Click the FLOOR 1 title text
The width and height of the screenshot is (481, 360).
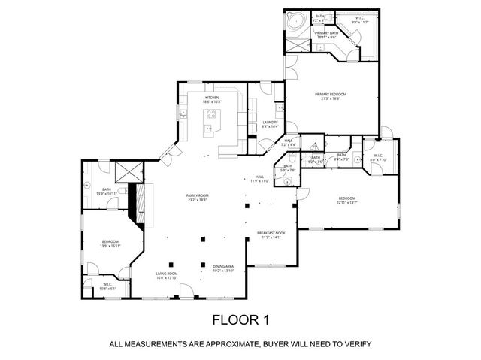240,319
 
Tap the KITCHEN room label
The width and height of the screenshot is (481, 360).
212,97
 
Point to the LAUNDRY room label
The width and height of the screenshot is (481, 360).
270,122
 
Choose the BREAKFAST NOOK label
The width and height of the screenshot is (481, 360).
270,234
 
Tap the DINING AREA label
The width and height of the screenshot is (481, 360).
222,266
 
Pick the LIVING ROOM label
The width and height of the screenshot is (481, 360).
166,274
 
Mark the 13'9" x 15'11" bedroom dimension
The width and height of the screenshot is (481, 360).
110,245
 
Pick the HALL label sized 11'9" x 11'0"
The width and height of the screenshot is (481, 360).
259,178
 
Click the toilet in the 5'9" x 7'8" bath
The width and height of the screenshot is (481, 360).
286,180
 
